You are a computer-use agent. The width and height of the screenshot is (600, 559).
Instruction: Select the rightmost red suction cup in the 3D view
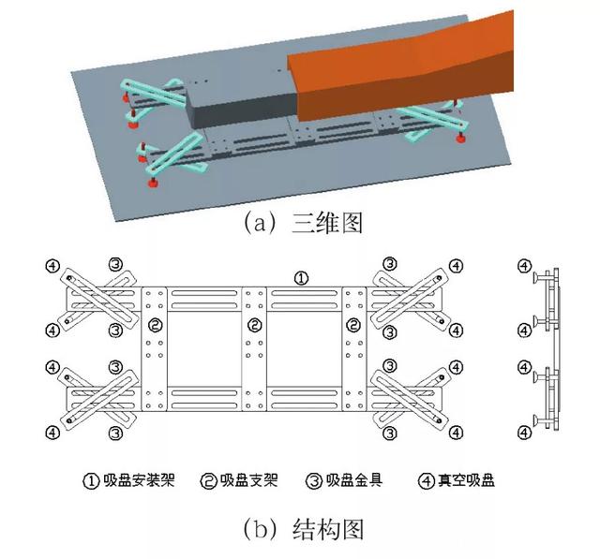tap(460, 140)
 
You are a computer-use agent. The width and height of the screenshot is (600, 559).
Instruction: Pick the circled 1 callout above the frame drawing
tap(300, 278)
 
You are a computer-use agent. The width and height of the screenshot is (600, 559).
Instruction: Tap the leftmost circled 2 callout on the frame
tap(157, 326)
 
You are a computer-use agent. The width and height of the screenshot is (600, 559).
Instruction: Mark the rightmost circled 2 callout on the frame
tap(352, 326)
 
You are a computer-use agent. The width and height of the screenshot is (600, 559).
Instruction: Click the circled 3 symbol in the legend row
tap(315, 482)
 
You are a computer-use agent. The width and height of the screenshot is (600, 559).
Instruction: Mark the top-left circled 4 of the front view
tap(53, 266)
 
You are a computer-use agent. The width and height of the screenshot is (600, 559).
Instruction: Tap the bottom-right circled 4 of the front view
tap(456, 433)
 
